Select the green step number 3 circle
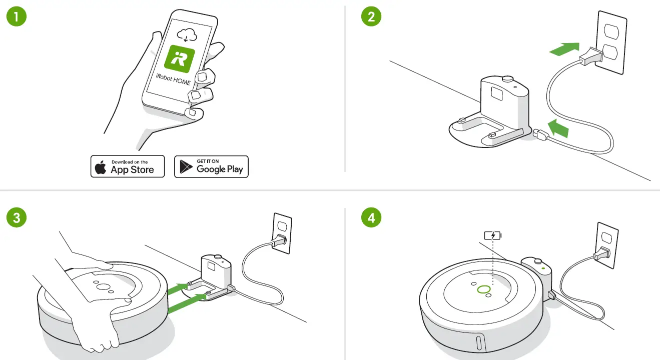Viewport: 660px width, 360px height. (16, 218)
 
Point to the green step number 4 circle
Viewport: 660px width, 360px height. (371, 218)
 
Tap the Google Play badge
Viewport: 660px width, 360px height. (211, 166)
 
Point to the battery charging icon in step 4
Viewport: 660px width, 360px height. (492, 235)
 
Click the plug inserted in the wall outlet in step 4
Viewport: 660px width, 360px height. (600, 255)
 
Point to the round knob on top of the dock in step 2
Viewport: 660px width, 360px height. (508, 78)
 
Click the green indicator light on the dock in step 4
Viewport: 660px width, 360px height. (543, 267)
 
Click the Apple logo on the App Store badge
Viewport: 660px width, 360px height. (101, 167)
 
